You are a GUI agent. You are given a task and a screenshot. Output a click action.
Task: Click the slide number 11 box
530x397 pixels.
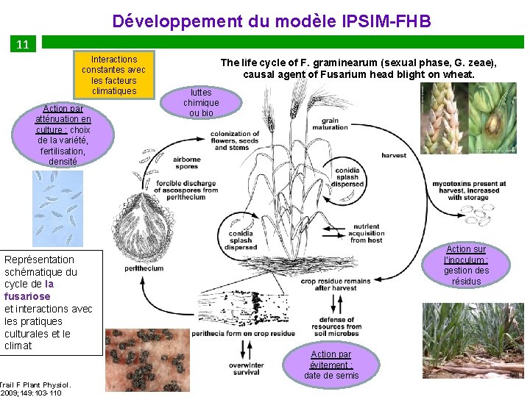(x=23, y=44)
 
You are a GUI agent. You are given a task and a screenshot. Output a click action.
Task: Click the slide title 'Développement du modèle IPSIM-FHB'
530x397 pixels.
(x=272, y=21)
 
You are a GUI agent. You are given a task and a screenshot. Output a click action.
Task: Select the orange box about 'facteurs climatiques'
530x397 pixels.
(x=114, y=75)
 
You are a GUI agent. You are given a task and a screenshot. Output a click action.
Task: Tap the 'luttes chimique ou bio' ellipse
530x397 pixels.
(x=201, y=103)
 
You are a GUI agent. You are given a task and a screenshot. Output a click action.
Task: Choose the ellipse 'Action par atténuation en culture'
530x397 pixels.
(x=63, y=135)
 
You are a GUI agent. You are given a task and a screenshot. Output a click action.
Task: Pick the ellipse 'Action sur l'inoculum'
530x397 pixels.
(x=466, y=265)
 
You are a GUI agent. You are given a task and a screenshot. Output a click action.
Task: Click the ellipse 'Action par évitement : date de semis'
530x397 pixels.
(x=331, y=365)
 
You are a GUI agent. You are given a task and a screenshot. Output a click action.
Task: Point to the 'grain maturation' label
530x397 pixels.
(x=330, y=124)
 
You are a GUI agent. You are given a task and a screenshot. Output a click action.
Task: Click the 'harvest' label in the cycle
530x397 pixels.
(x=394, y=156)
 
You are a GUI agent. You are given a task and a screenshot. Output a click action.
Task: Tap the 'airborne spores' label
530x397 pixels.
(x=187, y=162)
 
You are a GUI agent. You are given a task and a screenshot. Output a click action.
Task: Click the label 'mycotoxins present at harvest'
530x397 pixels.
(x=469, y=190)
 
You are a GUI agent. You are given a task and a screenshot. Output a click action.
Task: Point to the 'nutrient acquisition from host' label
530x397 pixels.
(x=366, y=233)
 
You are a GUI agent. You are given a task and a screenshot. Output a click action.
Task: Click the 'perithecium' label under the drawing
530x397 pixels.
(x=144, y=269)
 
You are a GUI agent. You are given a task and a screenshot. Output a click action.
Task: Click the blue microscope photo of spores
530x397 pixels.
(x=58, y=208)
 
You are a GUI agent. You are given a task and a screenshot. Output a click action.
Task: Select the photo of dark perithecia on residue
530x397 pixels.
(x=147, y=360)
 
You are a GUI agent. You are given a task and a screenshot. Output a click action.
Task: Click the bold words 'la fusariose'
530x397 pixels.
(x=29, y=290)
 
